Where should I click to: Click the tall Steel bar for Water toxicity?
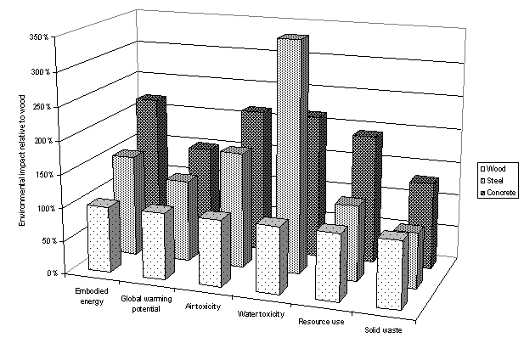pos(289,153)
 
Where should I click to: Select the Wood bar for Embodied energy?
pos(99,238)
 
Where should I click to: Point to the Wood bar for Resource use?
pos(329,265)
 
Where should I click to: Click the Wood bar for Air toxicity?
pos(211,250)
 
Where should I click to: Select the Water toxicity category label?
pos(260,314)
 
